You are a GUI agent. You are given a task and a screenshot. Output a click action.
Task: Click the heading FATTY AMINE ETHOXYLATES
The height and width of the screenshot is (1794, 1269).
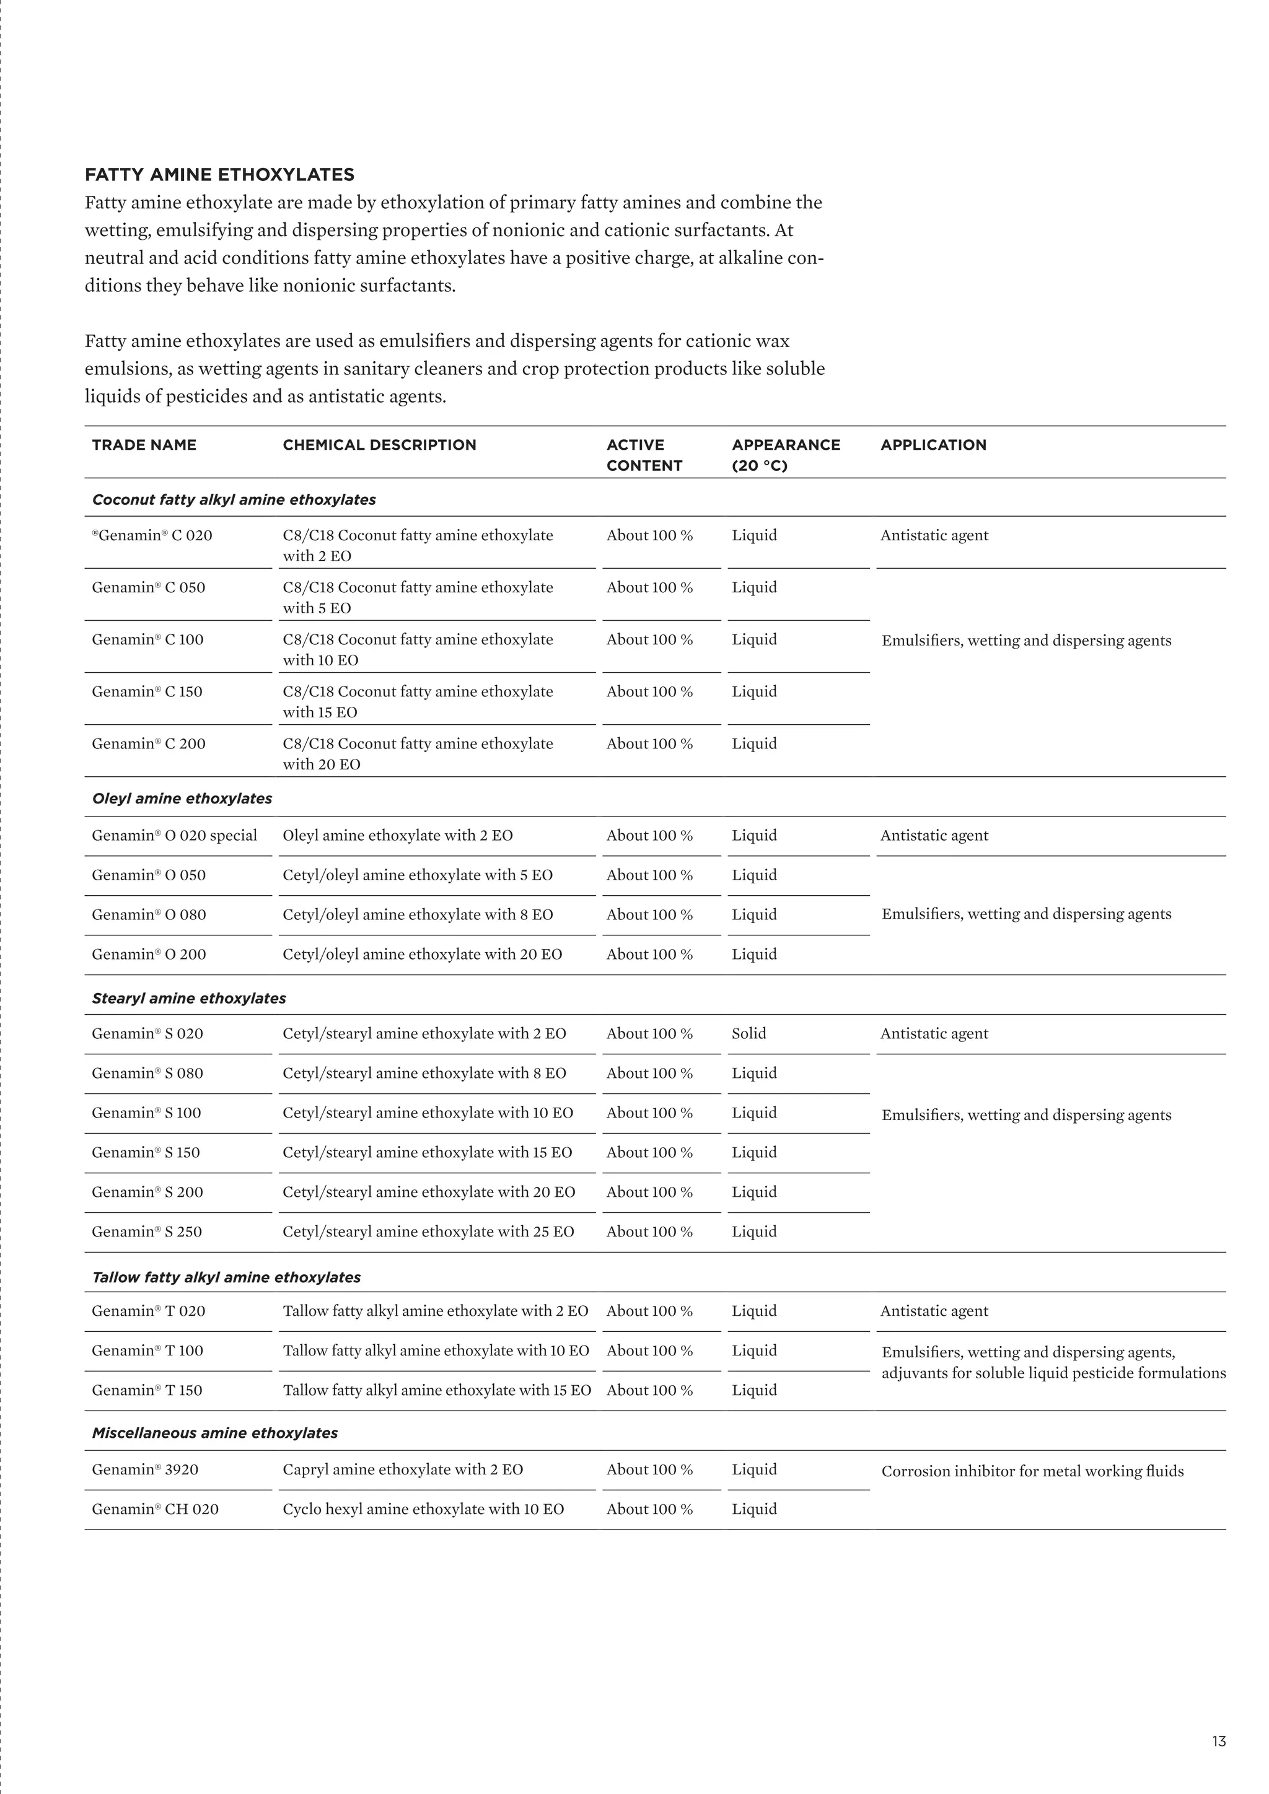tap(219, 174)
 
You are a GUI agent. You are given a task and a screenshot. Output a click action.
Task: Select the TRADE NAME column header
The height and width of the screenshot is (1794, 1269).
tap(144, 445)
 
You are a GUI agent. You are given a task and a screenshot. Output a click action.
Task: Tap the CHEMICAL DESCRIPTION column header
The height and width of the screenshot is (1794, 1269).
tap(379, 445)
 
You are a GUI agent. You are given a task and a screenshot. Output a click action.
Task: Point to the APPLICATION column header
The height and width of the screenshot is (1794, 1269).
tap(933, 445)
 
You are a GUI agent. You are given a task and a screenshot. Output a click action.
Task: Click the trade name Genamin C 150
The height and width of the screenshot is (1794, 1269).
tap(147, 691)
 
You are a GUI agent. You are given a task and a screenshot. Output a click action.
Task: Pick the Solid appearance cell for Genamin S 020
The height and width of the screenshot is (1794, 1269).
tap(749, 1034)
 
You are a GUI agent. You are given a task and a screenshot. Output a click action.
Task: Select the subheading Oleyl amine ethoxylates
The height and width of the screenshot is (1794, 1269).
tap(182, 799)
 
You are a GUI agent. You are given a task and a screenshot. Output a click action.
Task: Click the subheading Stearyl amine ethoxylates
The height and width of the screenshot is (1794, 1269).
tap(189, 999)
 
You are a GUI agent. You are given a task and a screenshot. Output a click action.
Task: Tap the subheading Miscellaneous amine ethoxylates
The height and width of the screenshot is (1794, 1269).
tap(215, 1433)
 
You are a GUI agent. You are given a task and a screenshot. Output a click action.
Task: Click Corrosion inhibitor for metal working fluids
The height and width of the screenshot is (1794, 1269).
tap(1032, 1471)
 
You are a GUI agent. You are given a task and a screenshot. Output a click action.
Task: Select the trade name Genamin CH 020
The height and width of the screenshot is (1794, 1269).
tap(155, 1510)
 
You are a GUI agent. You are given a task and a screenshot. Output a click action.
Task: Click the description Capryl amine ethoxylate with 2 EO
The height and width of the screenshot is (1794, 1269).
tap(402, 1470)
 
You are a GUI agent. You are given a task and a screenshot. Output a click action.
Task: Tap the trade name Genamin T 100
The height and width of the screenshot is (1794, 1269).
tap(147, 1351)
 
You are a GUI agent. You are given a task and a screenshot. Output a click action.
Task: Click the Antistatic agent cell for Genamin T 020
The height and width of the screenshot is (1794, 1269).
tap(934, 1311)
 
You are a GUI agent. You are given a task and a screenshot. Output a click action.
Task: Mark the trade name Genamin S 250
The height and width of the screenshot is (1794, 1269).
tap(147, 1232)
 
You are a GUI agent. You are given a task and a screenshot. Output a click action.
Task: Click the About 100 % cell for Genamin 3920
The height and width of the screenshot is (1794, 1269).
tap(649, 1470)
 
